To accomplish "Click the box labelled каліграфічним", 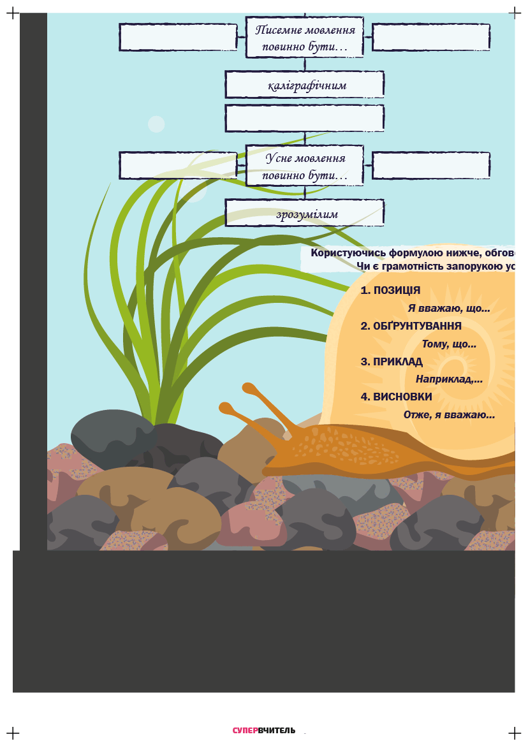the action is click(304, 85).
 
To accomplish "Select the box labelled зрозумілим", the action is click(304, 213).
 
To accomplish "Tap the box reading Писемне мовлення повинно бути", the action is click(304, 37).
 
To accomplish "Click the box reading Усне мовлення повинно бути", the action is click(304, 166).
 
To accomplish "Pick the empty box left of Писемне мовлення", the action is click(178, 37).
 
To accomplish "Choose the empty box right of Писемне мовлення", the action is click(431, 37).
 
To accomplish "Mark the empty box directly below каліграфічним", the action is click(304, 118).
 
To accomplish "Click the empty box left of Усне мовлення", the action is click(178, 166).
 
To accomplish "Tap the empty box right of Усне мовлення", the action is click(431, 166).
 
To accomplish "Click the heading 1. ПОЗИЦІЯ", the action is click(390, 290).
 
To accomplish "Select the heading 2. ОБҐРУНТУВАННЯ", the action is click(411, 326).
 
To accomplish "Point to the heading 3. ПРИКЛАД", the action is click(392, 362).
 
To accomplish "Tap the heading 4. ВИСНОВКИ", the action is click(396, 397).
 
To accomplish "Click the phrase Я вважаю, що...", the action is click(448, 309).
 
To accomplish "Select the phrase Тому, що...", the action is click(449, 344).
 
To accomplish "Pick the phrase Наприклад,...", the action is click(449, 379).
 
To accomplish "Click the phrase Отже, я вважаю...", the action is click(449, 415).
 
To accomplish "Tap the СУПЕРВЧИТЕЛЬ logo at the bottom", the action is click(264, 730).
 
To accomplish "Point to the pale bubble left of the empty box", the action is click(156, 124).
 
